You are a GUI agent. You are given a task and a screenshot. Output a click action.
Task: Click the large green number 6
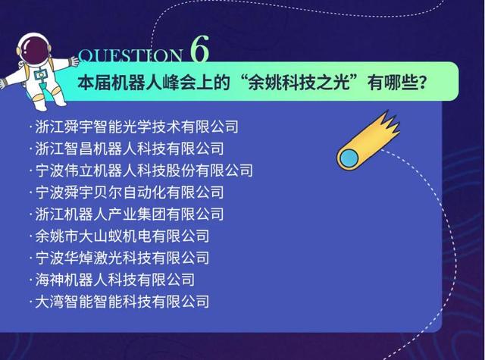point(200,49)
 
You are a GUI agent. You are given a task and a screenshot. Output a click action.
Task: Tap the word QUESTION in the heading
point(130,56)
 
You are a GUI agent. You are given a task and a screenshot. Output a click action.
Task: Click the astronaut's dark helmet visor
point(34,50)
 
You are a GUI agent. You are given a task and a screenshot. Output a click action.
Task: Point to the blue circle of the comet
point(349,158)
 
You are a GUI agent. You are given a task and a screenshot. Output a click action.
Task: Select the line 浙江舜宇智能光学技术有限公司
point(136,127)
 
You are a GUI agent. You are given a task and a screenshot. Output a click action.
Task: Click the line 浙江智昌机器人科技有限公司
point(130,149)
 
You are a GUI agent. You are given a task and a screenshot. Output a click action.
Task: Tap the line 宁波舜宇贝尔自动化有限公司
point(130,193)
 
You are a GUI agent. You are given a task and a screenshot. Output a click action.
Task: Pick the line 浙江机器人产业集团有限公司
point(130,214)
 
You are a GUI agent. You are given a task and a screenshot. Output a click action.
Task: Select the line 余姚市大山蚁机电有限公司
point(122,236)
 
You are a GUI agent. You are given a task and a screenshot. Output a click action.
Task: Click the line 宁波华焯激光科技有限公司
point(122,258)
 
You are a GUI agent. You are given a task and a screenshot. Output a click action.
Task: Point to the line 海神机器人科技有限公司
point(114,280)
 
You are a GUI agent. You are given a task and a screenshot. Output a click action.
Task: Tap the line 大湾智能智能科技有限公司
point(122,302)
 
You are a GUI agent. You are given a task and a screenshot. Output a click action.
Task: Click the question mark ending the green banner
point(422,83)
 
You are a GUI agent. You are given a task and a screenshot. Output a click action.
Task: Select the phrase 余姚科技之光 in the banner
point(299,83)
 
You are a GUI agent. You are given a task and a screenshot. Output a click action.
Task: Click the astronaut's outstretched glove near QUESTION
point(74,61)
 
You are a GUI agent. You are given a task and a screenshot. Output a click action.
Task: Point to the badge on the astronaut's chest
point(41,75)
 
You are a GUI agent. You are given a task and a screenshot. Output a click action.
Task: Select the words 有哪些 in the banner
point(391,83)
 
